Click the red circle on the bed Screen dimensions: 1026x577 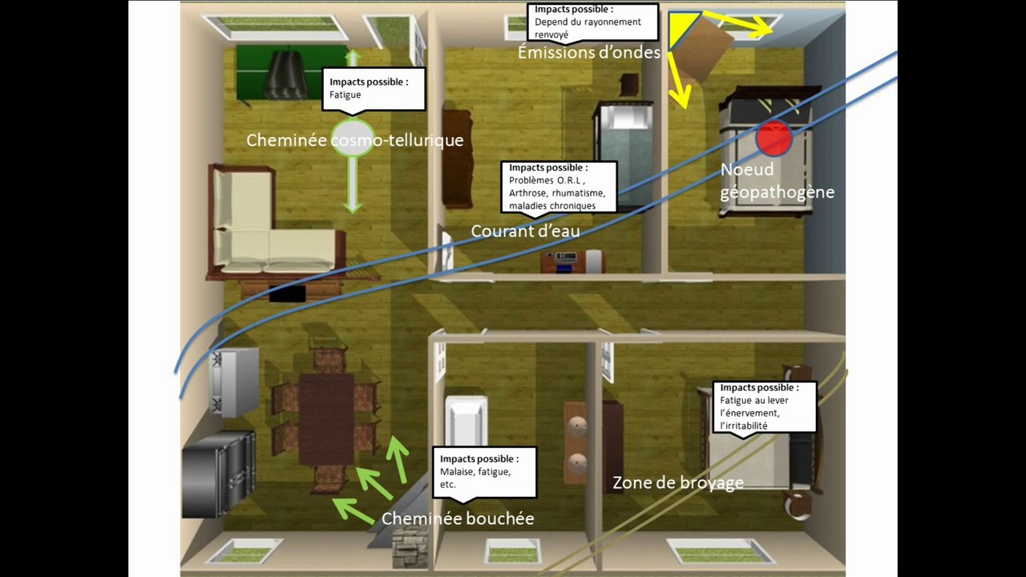click(774, 137)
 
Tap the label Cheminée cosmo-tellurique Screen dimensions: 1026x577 click(355, 140)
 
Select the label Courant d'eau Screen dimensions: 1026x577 click(525, 232)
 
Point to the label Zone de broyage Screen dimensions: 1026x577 click(678, 482)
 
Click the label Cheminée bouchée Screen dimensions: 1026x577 click(458, 518)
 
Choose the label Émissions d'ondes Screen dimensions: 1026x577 click(589, 52)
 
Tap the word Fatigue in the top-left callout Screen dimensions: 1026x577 click(345, 95)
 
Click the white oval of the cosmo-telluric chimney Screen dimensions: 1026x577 click(353, 137)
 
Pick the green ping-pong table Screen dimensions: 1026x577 click(291, 72)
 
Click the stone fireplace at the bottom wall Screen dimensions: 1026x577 click(410, 547)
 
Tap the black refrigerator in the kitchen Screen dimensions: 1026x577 click(219, 474)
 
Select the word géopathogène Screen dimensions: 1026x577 click(778, 192)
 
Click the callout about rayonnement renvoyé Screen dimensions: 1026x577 click(592, 22)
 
